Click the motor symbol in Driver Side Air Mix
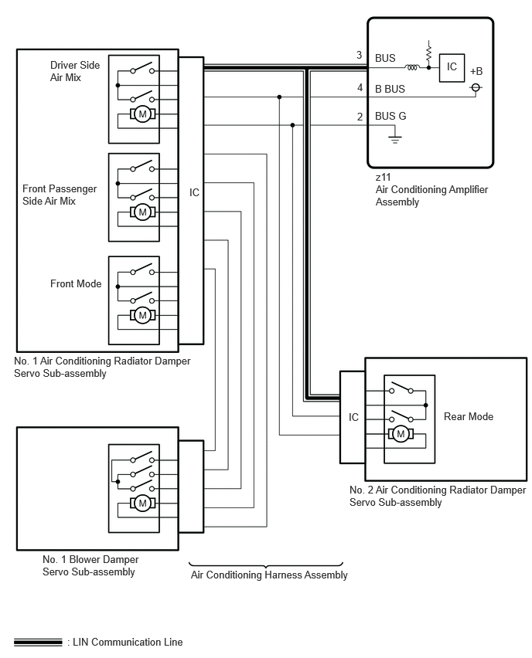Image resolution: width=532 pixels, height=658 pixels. (x=142, y=114)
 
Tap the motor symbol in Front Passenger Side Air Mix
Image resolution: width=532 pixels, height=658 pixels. (x=142, y=212)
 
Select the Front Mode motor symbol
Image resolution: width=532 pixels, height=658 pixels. (x=142, y=315)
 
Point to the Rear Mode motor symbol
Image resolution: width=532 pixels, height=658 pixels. (x=401, y=433)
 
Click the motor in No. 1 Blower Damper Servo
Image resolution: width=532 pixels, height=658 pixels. (x=142, y=503)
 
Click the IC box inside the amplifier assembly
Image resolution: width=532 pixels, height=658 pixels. (x=452, y=67)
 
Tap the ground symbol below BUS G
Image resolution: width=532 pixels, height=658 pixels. (x=394, y=137)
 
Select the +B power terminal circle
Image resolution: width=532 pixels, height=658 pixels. (x=476, y=87)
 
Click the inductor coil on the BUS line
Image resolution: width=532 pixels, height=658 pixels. (x=412, y=67)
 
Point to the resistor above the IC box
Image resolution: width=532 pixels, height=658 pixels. (x=428, y=53)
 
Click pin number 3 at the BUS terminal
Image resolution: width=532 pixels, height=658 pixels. (x=360, y=55)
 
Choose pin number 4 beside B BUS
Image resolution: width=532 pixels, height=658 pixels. (x=360, y=87)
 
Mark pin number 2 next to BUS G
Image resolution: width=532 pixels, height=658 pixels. (x=360, y=117)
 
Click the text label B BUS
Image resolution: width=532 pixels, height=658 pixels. (x=390, y=89)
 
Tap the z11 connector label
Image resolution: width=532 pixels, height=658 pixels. (x=383, y=177)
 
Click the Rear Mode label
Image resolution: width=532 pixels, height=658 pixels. (x=469, y=416)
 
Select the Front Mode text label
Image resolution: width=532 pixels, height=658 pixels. (x=76, y=283)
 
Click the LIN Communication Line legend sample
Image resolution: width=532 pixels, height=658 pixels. (x=38, y=642)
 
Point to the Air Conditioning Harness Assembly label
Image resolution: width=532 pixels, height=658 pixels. (x=269, y=575)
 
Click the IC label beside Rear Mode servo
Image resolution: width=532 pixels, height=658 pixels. (x=353, y=417)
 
